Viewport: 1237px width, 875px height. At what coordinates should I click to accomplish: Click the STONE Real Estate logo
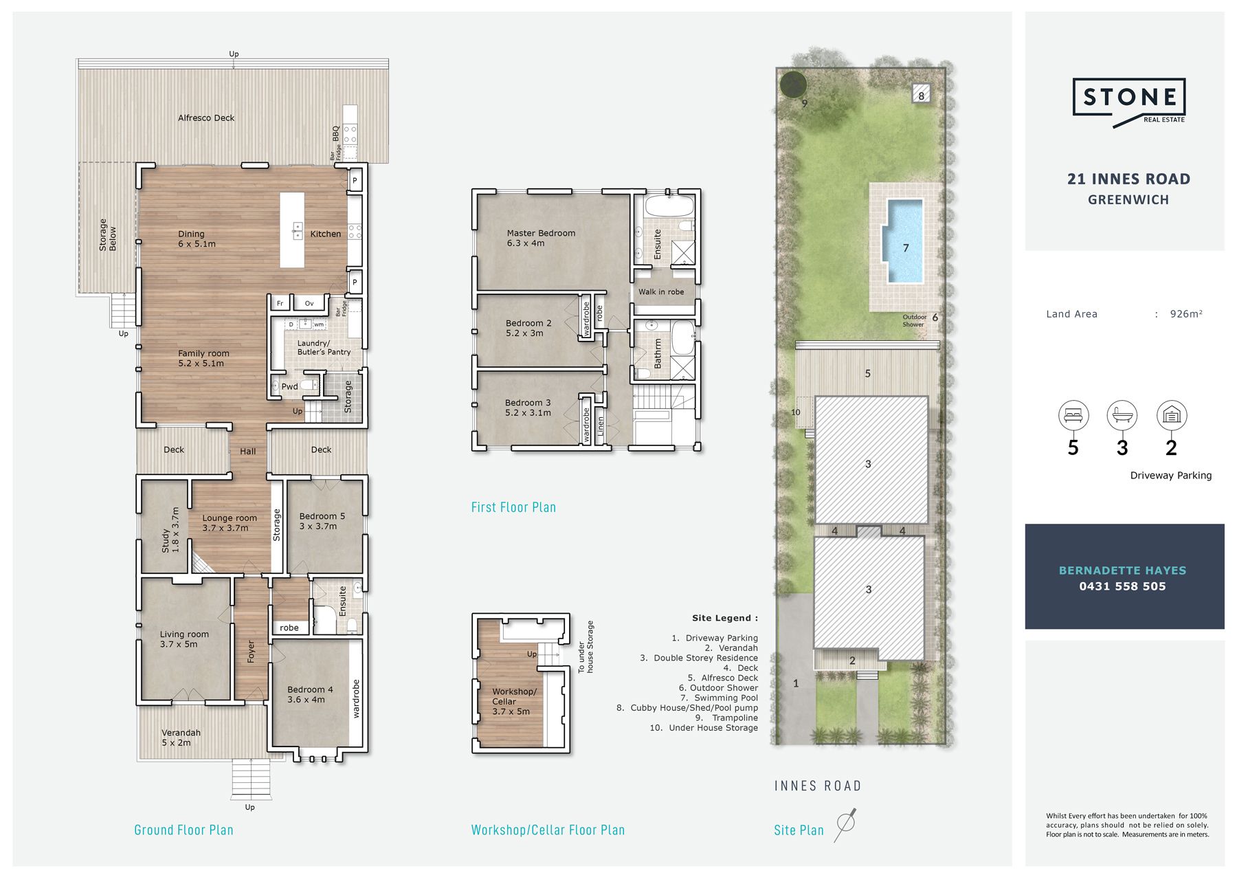(1129, 102)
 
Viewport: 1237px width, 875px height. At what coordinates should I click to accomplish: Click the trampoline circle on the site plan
(793, 85)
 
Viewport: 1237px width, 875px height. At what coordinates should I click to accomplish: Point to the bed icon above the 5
(1073, 415)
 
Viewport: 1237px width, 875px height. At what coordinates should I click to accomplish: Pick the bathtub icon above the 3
(1122, 415)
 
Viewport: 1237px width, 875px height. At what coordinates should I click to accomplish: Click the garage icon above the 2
(1172, 415)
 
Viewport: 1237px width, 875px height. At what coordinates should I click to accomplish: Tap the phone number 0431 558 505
(1122, 586)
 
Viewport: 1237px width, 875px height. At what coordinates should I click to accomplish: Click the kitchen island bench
(292, 230)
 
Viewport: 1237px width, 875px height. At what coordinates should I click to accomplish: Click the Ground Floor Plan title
(183, 830)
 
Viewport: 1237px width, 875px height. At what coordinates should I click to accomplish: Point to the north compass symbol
(845, 824)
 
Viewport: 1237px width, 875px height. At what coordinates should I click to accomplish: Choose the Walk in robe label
(661, 291)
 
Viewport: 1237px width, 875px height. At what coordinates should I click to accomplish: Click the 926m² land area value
(1186, 313)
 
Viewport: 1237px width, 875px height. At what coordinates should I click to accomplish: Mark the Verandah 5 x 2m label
(181, 738)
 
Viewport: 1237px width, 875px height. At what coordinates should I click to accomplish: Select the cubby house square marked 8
(921, 93)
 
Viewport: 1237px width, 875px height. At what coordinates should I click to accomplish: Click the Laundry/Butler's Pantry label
(324, 347)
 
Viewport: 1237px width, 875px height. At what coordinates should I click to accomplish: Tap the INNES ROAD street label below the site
(818, 786)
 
